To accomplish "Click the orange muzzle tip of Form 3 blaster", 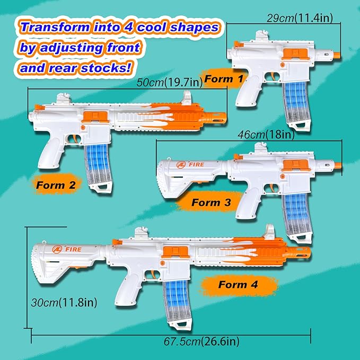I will (335, 166).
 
